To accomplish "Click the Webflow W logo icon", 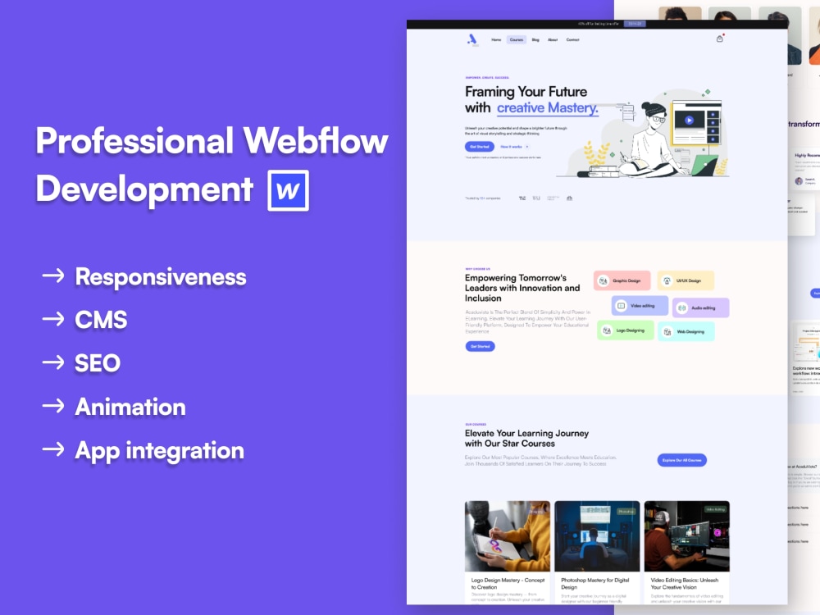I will point(288,190).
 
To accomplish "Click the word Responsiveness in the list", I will point(161,277).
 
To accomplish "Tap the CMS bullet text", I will point(101,320).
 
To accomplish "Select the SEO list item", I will point(98,363).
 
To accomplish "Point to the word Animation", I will point(130,407).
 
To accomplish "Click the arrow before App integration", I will point(53,449).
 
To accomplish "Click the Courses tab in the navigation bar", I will point(516,39).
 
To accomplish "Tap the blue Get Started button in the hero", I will point(479,146).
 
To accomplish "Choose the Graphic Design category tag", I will point(622,280).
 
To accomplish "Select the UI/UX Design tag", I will point(686,280).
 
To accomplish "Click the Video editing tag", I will point(640,306).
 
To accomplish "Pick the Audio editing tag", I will point(700,307).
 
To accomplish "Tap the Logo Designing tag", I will point(625,330).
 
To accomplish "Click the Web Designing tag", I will point(686,331).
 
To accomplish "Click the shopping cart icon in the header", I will point(719,39).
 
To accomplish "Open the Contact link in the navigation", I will point(572,39).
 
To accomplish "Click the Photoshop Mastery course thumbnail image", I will point(597,536).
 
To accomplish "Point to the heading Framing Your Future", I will point(526,92).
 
